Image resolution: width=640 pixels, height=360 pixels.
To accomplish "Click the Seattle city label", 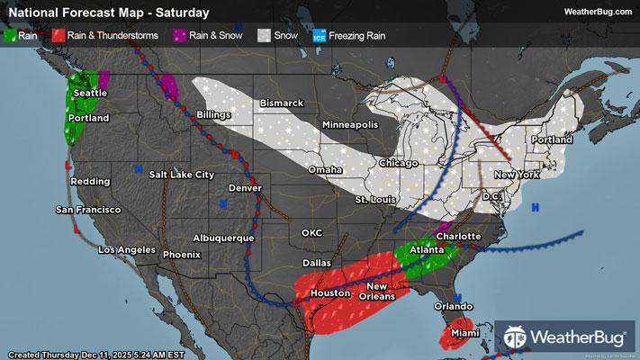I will pyautogui.click(x=91, y=93).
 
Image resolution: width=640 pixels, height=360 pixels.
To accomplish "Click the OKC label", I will pyautogui.click(x=311, y=232).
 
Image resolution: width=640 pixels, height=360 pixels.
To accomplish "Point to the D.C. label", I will pyautogui.click(x=491, y=195).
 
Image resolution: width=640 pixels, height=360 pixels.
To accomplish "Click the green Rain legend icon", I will pyautogui.click(x=11, y=36).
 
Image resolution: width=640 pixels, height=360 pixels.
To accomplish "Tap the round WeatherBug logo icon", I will pyautogui.click(x=517, y=337).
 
